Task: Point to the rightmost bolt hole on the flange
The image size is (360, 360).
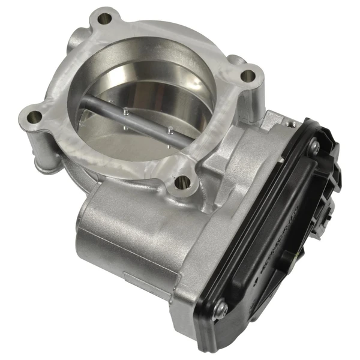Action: coord(247,77)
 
